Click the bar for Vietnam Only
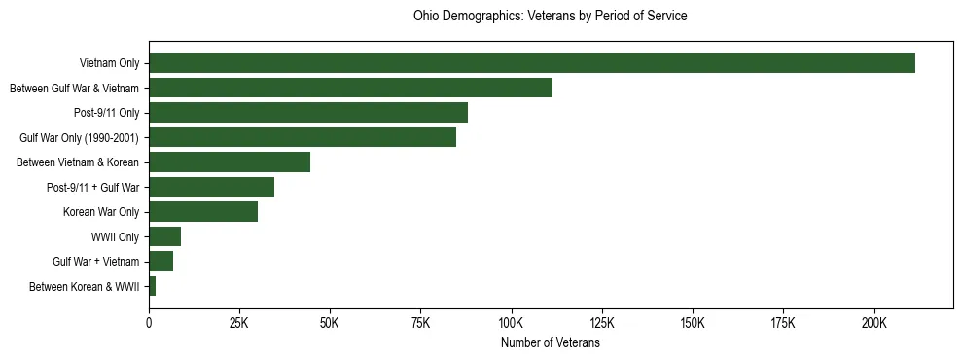(x=532, y=63)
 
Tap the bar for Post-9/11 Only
(x=308, y=113)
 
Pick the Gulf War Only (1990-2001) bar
(x=303, y=137)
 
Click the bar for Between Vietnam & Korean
(x=230, y=162)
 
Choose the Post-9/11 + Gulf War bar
(x=211, y=187)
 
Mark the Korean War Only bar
(x=203, y=212)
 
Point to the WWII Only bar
(x=164, y=236)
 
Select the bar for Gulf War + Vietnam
(x=160, y=262)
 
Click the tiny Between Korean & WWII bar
(x=152, y=286)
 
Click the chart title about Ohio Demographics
(x=550, y=17)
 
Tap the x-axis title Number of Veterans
(x=550, y=343)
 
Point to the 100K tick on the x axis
(x=512, y=322)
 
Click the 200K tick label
(x=874, y=322)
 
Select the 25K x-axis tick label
(x=239, y=322)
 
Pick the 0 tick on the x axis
(x=149, y=322)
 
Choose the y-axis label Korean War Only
(x=101, y=212)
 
